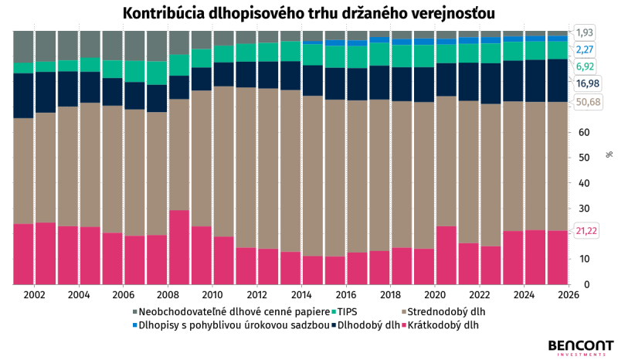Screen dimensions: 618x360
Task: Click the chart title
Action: coord(308,13)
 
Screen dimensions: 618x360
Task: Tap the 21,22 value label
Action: coord(586,231)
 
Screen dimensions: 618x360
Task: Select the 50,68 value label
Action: coord(588,102)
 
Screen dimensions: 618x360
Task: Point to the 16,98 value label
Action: coord(587,83)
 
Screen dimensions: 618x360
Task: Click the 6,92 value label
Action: coord(585,66)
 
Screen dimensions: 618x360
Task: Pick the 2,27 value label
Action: coord(585,49)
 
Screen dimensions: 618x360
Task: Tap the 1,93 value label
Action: coord(585,32)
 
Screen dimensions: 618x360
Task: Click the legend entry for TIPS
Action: coord(344,312)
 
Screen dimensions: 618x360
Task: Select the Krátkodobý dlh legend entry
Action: coord(440,325)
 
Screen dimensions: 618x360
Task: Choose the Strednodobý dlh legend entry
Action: coord(443,312)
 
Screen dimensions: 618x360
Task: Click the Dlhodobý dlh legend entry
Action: coord(365,325)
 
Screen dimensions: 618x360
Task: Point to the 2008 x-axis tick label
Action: coord(168,294)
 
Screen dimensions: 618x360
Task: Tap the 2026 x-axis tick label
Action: coord(569,294)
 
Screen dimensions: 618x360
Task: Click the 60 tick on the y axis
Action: coord(584,132)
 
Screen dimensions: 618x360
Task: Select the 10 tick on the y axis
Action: coord(584,259)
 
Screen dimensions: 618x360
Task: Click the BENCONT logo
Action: coord(581,348)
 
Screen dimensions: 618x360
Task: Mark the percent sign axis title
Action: coord(610,155)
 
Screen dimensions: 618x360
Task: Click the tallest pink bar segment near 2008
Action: coord(179,247)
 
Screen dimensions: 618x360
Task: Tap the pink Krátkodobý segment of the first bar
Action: coord(23,254)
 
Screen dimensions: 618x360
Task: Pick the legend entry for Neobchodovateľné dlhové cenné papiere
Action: coord(231,312)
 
